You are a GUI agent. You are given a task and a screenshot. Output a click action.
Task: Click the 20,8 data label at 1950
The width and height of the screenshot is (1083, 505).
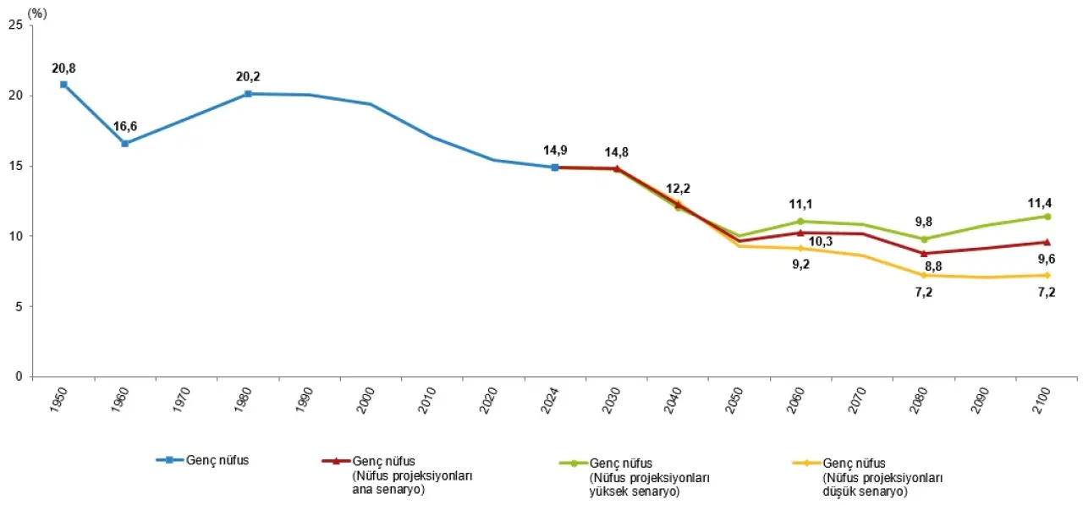coord(63,68)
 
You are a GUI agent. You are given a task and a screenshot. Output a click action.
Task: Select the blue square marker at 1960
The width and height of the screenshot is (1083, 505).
coord(124,144)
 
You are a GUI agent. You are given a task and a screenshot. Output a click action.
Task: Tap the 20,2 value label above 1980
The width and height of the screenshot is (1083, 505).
coord(247,77)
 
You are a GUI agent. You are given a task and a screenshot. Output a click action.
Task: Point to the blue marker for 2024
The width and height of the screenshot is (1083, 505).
coord(554,167)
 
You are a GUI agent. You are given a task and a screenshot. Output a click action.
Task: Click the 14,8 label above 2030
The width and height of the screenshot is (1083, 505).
coord(616,152)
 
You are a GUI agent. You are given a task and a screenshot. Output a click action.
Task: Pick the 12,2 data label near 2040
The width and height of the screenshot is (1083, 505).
coord(678,188)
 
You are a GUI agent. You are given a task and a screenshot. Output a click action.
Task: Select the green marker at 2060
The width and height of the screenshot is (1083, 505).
coord(800,222)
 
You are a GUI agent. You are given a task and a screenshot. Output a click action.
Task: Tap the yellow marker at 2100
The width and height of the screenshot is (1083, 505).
coord(1047,275)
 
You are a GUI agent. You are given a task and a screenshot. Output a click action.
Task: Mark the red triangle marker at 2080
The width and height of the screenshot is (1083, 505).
coord(924,253)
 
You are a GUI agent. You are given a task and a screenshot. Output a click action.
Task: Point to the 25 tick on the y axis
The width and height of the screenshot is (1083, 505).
coord(16,25)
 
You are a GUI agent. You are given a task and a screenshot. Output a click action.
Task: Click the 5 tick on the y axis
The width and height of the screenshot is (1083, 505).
coord(19,306)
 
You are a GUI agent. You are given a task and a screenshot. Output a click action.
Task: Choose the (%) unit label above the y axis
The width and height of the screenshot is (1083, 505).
coord(36,12)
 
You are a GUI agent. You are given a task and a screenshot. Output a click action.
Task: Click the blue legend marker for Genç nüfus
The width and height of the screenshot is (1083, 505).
coord(168,460)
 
